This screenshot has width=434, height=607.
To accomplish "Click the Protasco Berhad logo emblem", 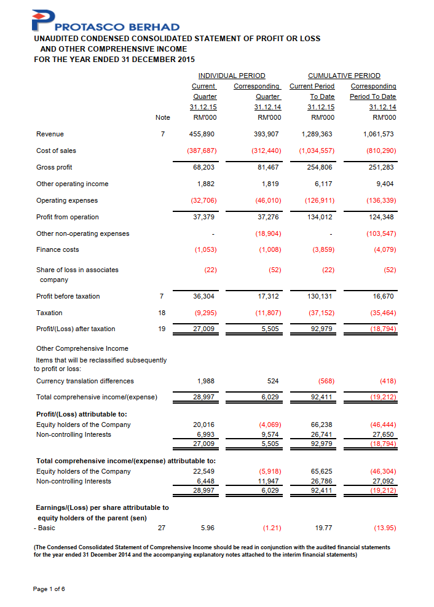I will [45, 20].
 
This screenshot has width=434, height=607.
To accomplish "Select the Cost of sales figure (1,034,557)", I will [317, 151].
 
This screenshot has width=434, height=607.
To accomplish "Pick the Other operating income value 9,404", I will [384, 184].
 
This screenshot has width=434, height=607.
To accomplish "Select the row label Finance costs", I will [58, 249].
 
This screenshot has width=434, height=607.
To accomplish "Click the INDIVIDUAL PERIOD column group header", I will [232, 76].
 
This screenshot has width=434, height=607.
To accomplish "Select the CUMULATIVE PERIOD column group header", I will [344, 76].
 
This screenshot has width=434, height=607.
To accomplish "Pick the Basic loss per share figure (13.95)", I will [385, 527].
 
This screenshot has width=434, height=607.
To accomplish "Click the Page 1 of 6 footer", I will [49, 589].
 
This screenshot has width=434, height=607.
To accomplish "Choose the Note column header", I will [162, 117].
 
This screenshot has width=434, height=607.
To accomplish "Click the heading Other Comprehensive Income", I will [82, 348].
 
